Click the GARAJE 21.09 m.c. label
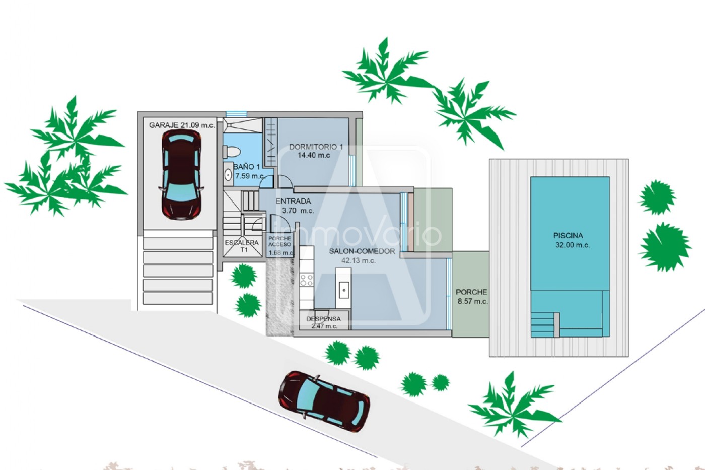click(x=182, y=125)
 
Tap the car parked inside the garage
click(x=181, y=175)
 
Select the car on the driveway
click(x=324, y=401)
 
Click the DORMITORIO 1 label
click(x=316, y=147)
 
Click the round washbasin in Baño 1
click(x=228, y=175)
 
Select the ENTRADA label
click(x=293, y=201)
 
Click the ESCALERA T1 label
click(x=242, y=246)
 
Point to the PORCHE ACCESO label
click(x=280, y=241)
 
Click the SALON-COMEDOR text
click(x=362, y=251)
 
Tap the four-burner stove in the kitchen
click(x=307, y=280)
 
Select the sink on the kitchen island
click(x=343, y=290)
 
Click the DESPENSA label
click(x=323, y=319)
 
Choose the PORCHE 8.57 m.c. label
click(x=472, y=297)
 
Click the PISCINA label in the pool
click(x=568, y=235)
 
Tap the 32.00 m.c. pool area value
click(x=573, y=245)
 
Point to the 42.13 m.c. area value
click(x=359, y=260)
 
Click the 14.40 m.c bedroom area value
click(x=314, y=155)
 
